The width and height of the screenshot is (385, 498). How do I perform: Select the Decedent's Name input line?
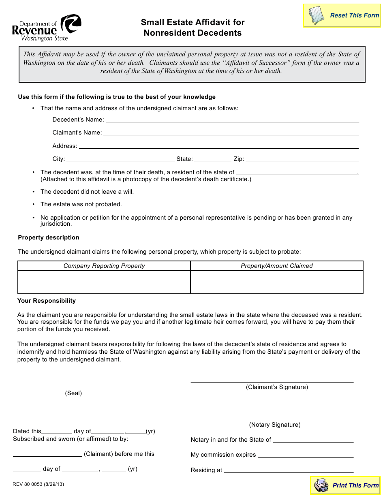click(x=232, y=120)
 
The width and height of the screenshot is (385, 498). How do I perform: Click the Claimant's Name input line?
click(x=231, y=133)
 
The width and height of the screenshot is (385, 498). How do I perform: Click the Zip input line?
click(x=302, y=159)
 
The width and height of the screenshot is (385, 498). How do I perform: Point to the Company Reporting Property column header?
click(x=104, y=266)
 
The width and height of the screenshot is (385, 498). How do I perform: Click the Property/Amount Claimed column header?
click(x=277, y=266)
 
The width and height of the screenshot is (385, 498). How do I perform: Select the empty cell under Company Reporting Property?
click(x=104, y=282)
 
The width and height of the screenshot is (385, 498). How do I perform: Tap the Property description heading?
click(x=49, y=237)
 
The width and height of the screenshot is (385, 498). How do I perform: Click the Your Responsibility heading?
click(x=47, y=301)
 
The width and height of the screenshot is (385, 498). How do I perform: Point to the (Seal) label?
click(x=73, y=393)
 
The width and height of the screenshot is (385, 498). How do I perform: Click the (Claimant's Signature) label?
click(x=277, y=387)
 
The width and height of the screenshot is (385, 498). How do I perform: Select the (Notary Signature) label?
click(x=275, y=425)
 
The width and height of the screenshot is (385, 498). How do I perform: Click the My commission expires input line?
click(x=306, y=455)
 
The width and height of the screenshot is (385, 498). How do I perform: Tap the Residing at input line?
click(x=289, y=470)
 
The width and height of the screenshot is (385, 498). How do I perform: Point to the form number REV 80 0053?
click(x=38, y=484)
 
